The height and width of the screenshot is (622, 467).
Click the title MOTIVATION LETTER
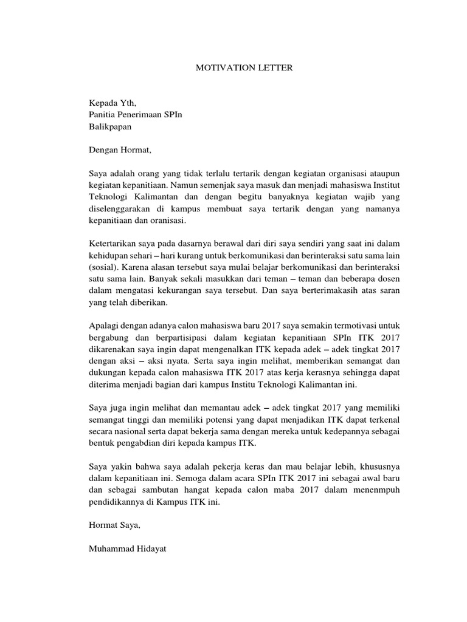pyautogui.click(x=243, y=68)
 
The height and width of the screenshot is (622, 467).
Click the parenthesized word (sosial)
pyautogui.click(x=103, y=268)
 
